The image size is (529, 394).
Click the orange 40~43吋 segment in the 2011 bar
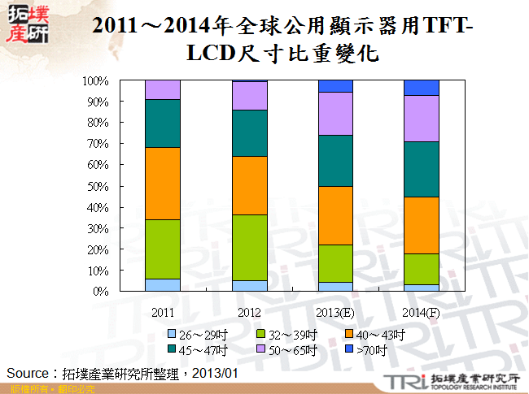(162, 183)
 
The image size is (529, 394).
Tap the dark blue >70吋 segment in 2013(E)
(334, 86)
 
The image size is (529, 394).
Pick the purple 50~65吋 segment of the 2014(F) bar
(422, 119)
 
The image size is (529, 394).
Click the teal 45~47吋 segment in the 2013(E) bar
(334, 160)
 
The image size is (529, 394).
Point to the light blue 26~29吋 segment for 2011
(162, 284)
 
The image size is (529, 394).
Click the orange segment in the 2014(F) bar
(422, 225)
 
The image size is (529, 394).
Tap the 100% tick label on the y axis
(95, 81)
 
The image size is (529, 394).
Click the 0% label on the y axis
(101, 291)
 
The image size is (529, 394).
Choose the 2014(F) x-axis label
(422, 312)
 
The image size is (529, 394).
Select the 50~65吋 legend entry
(282, 350)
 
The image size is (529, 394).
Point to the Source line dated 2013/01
(122, 372)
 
